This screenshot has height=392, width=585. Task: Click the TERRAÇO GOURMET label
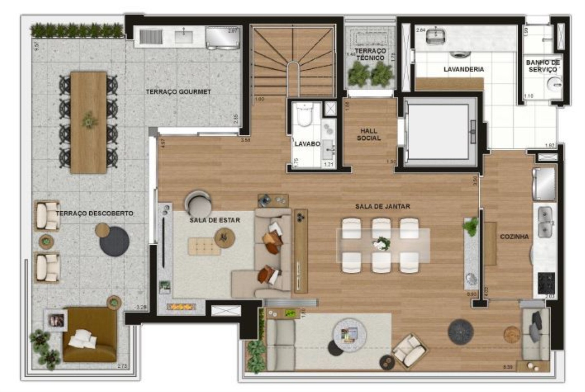coord(178,92)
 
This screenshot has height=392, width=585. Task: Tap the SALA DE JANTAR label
coord(382,206)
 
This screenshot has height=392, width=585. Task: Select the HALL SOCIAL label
coord(369,134)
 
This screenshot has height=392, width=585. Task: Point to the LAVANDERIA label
coord(463,69)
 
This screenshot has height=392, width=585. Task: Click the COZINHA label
coord(514,237)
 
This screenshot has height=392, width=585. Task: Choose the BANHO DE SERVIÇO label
coord(542,66)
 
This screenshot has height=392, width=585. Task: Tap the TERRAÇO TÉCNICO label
coord(370,54)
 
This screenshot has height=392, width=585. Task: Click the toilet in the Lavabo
coord(306,115)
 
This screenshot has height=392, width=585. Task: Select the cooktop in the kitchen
coord(546,283)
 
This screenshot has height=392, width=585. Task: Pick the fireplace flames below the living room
coord(181,307)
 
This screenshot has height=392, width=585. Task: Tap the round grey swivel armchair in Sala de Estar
coord(198,204)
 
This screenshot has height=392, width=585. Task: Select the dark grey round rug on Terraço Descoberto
coord(114,241)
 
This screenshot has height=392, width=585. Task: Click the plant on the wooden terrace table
coord(89,120)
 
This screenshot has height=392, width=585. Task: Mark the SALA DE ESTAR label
coord(215,220)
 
